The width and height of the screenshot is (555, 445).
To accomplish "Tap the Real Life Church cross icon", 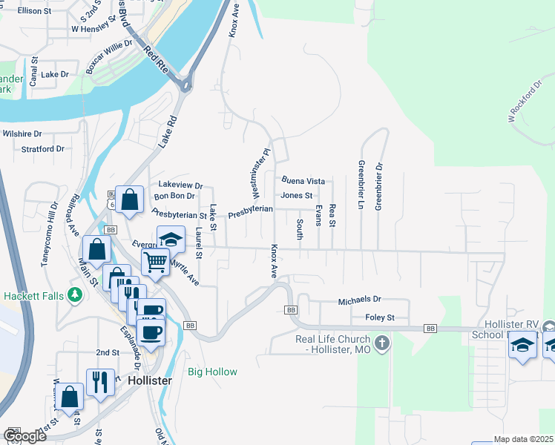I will point(381,343).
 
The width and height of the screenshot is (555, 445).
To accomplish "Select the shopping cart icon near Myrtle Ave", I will point(155,261).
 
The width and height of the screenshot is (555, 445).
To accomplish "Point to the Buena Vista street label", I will point(303,180).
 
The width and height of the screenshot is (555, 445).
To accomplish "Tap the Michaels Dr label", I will point(359,300).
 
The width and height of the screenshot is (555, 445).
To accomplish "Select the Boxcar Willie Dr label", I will point(109,56).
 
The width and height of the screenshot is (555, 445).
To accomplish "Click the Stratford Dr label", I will point(43,149).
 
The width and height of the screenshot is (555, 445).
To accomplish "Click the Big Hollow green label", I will point(212,372).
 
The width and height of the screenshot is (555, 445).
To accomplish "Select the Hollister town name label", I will point(150,380).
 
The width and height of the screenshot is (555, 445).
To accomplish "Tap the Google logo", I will point(24,436).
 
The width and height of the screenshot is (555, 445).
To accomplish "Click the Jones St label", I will point(297,196).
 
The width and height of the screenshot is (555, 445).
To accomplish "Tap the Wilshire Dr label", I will point(22,133).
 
